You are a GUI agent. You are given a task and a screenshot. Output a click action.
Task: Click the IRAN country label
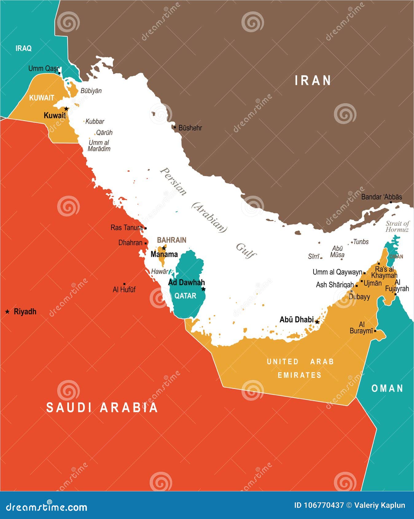tap(313, 80)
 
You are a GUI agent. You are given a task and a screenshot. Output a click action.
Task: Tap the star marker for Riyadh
tap(7, 312)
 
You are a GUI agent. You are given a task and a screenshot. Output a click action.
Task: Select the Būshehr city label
tap(190, 128)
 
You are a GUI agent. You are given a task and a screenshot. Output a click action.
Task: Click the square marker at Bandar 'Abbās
tap(391, 202)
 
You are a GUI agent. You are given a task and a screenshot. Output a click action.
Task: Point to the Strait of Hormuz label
tap(397, 227)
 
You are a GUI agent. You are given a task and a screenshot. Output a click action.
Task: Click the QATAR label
tap(185, 296)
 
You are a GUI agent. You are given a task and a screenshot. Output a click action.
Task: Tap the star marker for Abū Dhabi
tap(317, 322)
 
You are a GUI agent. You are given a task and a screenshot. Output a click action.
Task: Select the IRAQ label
tap(23, 48)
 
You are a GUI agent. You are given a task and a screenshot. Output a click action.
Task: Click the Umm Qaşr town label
tap(43, 68)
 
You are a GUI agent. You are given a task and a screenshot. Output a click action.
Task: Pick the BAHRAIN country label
tap(172, 240)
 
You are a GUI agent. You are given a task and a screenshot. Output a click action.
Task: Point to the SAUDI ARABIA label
tap(102, 408)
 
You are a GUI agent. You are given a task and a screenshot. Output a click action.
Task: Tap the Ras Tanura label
tap(127, 228)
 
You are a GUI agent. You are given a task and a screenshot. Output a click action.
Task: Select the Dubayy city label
tap(359, 297)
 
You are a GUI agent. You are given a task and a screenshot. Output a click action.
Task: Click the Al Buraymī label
tap(361, 328)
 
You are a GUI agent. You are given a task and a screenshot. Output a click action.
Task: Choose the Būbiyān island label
tap(91, 91)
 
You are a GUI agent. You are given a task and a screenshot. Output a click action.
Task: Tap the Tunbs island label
tap(361, 242)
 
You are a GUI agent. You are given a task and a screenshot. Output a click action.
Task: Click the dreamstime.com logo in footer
tap(46, 507)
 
